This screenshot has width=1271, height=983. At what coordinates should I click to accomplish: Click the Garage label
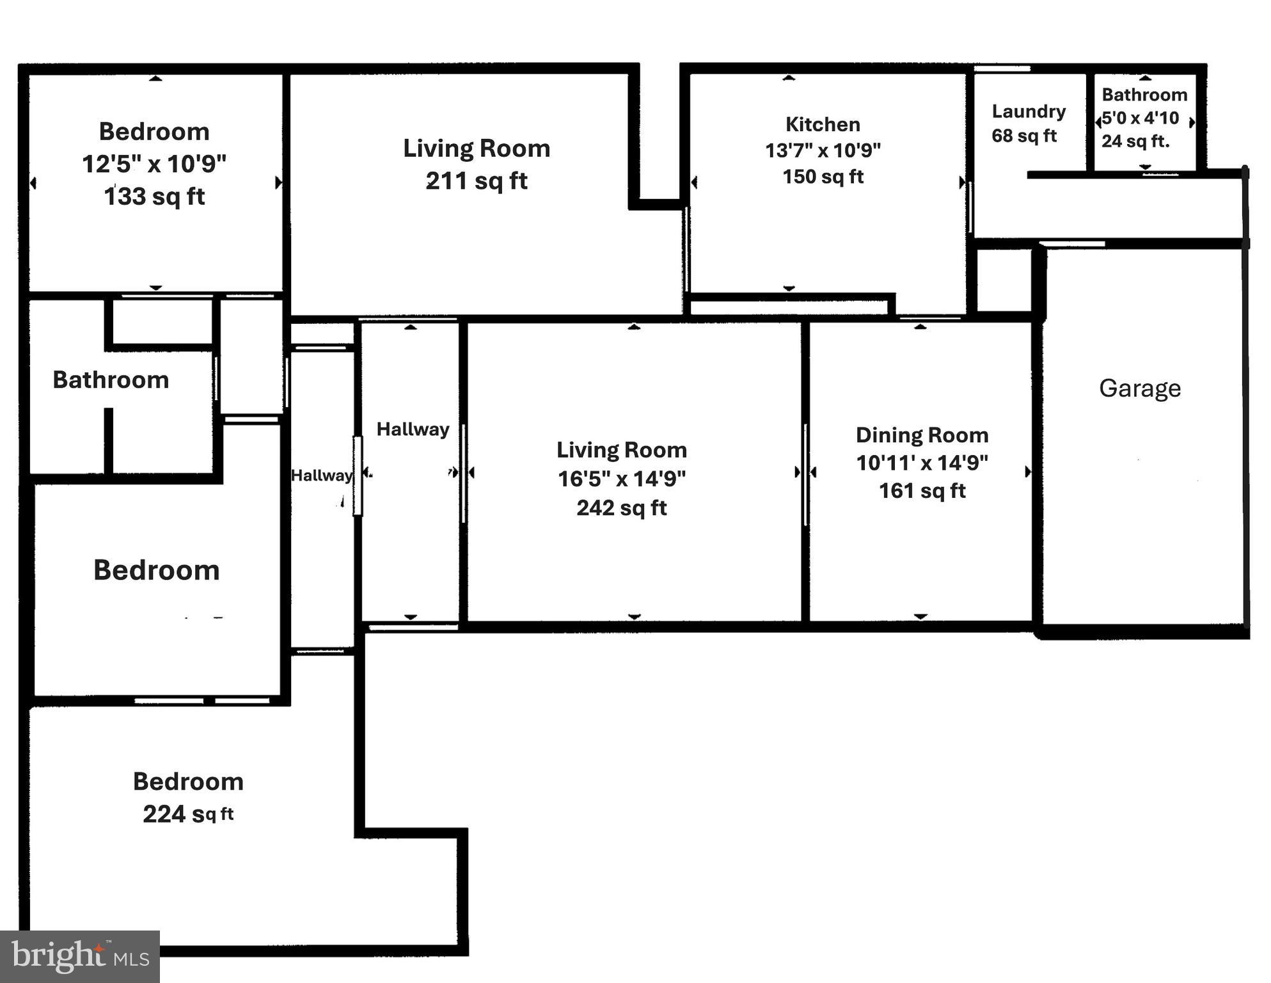tap(1139, 388)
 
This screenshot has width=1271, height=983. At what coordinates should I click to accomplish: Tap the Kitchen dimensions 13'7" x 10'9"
tap(823, 150)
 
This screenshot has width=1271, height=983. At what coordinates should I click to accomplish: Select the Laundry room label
tap(1028, 111)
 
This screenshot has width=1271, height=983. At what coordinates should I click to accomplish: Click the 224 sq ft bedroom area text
tap(187, 814)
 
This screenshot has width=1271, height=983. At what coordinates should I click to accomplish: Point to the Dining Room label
tap(922, 435)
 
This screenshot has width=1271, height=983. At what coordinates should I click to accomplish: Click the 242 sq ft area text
tap(621, 508)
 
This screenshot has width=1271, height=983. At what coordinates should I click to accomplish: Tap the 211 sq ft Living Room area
tap(477, 181)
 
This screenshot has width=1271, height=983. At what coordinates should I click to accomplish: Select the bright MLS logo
tap(79, 957)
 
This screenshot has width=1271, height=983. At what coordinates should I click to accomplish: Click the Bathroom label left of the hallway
tap(111, 380)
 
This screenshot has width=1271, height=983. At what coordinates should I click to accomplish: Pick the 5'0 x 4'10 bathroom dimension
tap(1140, 118)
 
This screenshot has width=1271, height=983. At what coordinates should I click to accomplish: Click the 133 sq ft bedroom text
tap(154, 196)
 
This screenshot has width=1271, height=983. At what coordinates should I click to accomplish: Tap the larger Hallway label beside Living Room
tap(413, 429)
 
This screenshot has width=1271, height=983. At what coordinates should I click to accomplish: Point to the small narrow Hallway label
tap(321, 476)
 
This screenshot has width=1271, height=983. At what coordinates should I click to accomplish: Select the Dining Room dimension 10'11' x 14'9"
tap(922, 463)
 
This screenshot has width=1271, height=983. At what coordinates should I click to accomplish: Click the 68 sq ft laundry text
tap(1023, 136)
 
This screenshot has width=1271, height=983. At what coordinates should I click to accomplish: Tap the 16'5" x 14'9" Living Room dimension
tap(621, 479)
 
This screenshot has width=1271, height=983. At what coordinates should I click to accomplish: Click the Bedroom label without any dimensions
tap(156, 570)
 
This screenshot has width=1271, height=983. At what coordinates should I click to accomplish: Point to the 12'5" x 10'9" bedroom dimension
tap(154, 164)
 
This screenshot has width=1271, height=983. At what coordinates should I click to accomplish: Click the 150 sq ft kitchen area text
tap(823, 177)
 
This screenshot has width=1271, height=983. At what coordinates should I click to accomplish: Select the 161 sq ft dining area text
tap(922, 491)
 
